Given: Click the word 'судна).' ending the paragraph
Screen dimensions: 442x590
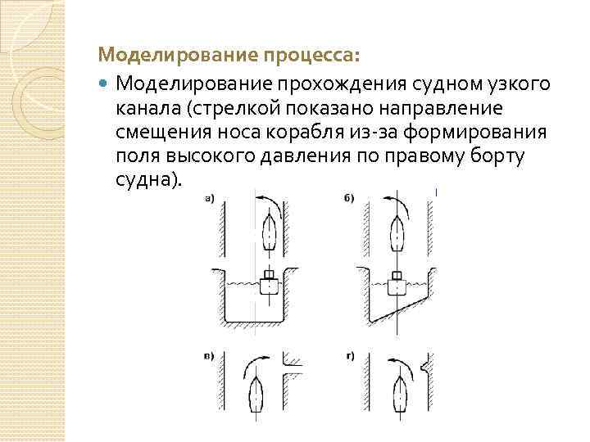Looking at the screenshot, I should [x=147, y=178].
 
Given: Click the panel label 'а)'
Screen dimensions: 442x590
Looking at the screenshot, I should [x=210, y=196].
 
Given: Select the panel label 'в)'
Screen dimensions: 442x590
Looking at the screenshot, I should [x=211, y=356].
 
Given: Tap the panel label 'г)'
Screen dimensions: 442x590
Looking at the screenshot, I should [x=347, y=356].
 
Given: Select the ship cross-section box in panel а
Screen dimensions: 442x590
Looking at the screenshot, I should [x=268, y=284].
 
